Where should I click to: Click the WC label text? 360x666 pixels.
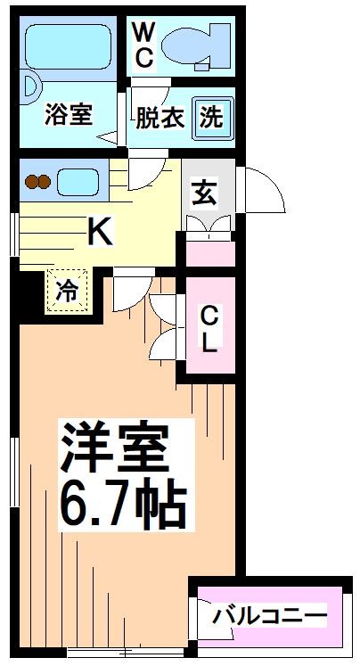[143, 45]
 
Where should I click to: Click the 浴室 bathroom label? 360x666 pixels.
[69, 115]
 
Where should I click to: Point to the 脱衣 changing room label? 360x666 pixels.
[160, 117]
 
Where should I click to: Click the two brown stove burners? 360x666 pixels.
[38, 183]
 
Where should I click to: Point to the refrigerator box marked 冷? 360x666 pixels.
[68, 290]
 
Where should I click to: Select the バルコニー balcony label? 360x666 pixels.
[269, 615]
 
